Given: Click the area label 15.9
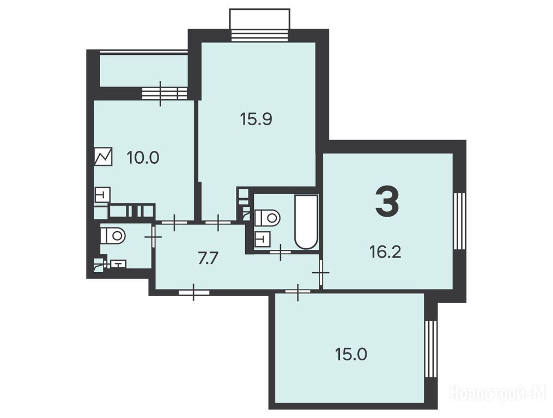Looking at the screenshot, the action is click(256, 119).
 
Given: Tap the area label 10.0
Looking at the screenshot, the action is click(143, 157).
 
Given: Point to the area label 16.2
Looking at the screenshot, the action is click(385, 252).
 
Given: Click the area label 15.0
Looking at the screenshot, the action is click(351, 354).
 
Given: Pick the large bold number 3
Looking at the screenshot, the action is click(387, 201).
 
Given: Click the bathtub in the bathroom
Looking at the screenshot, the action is click(306, 222).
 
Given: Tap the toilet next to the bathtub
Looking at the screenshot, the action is click(267, 218).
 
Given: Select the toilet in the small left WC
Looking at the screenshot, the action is click(113, 234).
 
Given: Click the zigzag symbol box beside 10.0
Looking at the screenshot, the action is click(104, 157).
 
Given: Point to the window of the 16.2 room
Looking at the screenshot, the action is click(459, 221).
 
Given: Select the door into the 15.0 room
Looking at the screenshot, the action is click(298, 292).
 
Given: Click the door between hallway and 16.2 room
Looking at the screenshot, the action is click(320, 273).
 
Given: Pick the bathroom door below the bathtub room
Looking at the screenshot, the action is click(281, 253).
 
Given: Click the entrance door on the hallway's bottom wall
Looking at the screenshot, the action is click(194, 292).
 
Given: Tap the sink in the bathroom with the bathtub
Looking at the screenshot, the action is click(262, 238).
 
